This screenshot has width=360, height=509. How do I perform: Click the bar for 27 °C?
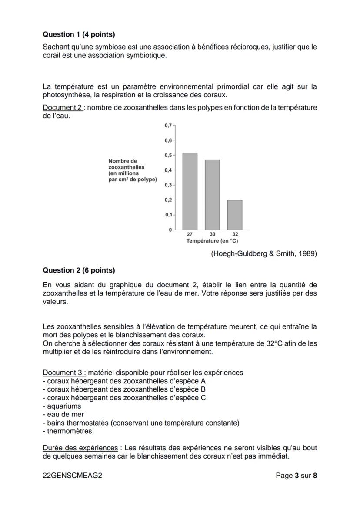tap(190, 191)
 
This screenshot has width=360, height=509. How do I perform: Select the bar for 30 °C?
tap(212, 195)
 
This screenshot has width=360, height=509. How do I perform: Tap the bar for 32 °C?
tap(235, 215)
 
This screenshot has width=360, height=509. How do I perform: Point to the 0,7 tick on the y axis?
tap(168, 126)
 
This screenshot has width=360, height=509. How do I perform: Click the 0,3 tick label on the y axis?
tap(168, 185)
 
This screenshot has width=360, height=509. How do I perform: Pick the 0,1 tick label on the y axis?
tap(168, 215)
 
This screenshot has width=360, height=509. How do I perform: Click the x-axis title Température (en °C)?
tap(212, 240)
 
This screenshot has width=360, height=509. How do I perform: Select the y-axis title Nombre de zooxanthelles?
tap(132, 170)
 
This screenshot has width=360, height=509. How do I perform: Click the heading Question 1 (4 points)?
tap(79, 34)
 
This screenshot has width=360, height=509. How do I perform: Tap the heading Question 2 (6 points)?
tap(79, 270)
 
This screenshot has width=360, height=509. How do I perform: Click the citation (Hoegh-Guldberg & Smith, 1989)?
tap(264, 254)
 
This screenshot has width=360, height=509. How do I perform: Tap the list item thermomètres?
tap(70, 431)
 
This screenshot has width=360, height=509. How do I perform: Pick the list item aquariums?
tap(63, 406)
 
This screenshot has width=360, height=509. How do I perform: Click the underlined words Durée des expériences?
tap(80, 448)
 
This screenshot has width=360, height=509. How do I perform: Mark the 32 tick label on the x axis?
tap(235, 234)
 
